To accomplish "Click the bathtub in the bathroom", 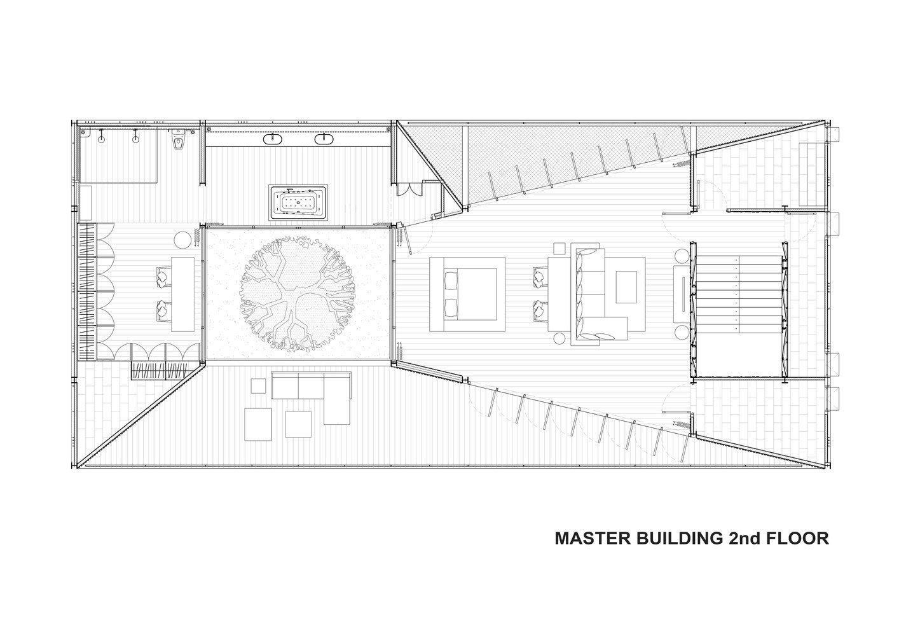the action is (x=299, y=202).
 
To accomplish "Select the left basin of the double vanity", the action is (x=273, y=139).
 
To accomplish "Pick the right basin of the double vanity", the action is (x=324, y=139).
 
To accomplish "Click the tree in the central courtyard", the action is (x=298, y=294).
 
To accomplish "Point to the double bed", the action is (x=467, y=294).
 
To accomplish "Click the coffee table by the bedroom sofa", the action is (x=626, y=287).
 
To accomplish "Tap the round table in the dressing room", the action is (x=182, y=240).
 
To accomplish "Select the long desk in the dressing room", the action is (x=182, y=294).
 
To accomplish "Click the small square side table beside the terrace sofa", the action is (x=258, y=386).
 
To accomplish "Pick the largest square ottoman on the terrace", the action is (x=257, y=424).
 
